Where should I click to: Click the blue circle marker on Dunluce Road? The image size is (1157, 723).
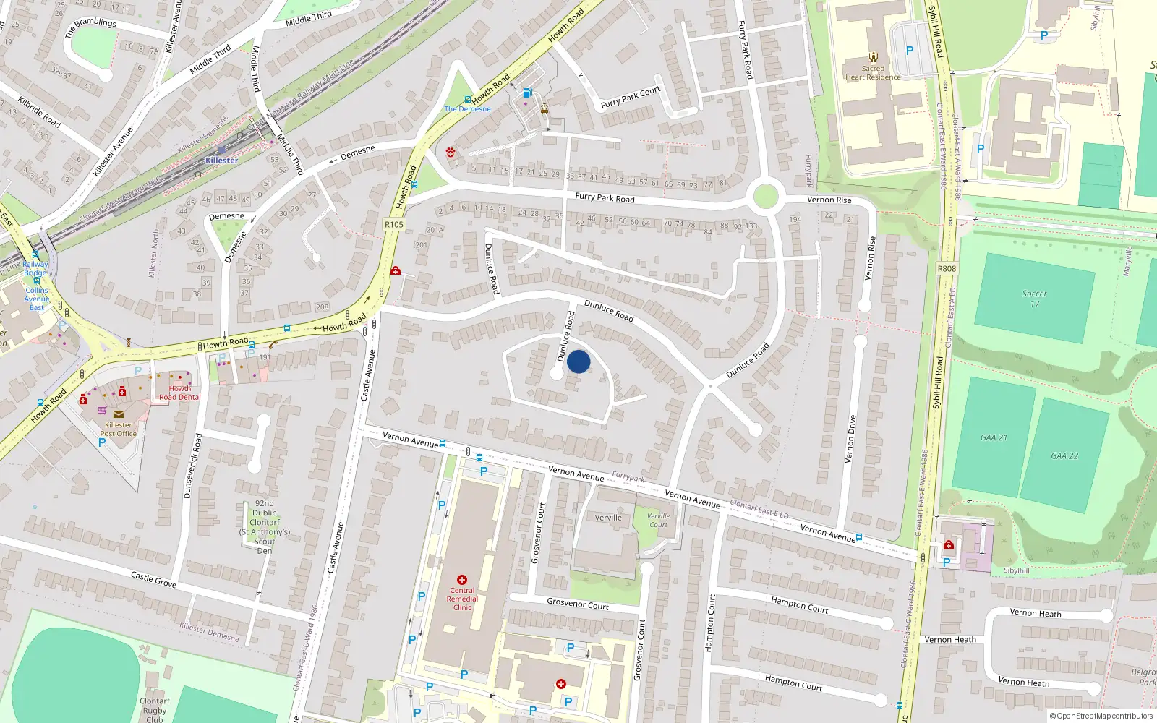tap(578, 361)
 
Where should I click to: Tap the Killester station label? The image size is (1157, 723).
tap(221, 161)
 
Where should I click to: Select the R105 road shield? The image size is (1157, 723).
tap(393, 224)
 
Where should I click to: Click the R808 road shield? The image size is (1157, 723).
tap(947, 268)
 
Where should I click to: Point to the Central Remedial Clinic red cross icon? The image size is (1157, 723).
tap(462, 580)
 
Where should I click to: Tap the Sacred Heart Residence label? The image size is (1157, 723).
tap(873, 72)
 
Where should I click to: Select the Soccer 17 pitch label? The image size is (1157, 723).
tap(1034, 298)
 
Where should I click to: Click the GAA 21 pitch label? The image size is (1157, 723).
tap(994, 437)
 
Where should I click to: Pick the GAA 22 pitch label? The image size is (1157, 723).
tap(1064, 455)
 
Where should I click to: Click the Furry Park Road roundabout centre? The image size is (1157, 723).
tap(765, 196)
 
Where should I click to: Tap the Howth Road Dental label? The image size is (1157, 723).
tap(180, 393)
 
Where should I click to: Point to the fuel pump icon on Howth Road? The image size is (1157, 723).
tap(527, 93)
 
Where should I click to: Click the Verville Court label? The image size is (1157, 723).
tap(658, 520)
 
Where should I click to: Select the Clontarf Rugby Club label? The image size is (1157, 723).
tap(155, 710)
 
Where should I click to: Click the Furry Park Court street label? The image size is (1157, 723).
tap(630, 98)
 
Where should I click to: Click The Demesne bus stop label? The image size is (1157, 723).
tap(467, 109)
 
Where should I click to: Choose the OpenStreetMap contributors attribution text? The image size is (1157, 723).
tap(1101, 716)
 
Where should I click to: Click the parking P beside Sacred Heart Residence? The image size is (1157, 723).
tap(910, 51)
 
